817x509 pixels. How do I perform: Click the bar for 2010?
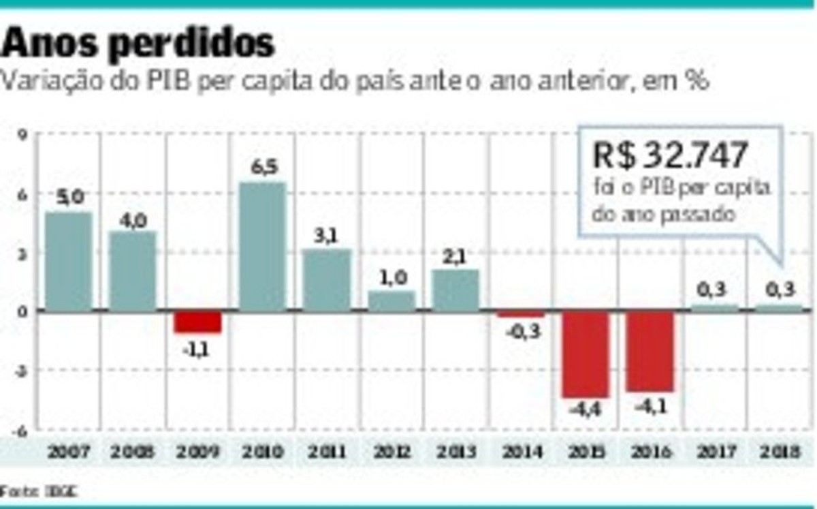tap(262, 247)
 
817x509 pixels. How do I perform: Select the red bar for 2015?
tap(586, 354)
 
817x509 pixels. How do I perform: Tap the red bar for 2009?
tap(197, 322)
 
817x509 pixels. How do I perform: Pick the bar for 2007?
tap(69, 262)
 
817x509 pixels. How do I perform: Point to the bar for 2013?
tap(455, 290)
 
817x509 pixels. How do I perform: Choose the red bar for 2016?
tap(650, 352)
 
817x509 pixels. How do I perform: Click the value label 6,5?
tap(263, 168)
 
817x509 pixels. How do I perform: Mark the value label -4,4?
tap(585, 410)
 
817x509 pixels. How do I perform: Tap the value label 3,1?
tap(327, 236)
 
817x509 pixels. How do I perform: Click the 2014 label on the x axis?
tap(522, 451)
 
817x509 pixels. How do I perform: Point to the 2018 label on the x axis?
tap(780, 451)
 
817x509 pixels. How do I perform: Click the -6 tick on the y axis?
tap(20, 429)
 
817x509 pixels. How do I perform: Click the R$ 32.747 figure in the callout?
tap(671, 155)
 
